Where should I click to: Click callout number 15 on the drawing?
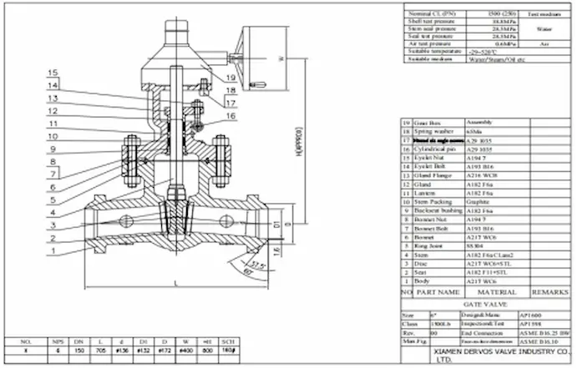(x=53, y=73)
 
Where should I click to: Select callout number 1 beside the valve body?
(x=53, y=250)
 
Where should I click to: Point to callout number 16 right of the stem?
(x=230, y=117)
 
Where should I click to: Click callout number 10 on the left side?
(x=53, y=136)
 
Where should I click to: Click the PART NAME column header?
(x=437, y=293)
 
